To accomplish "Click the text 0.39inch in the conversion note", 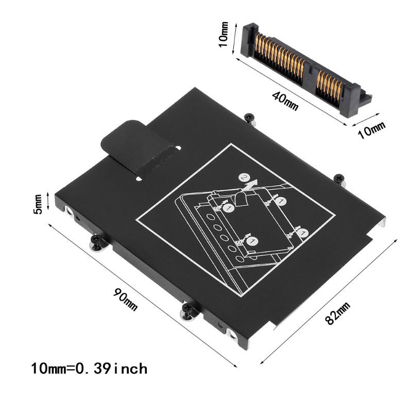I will (x=111, y=369).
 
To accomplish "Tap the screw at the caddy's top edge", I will (x=249, y=118).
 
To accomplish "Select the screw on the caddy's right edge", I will (x=338, y=178).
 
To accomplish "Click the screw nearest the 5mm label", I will (x=96, y=242).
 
